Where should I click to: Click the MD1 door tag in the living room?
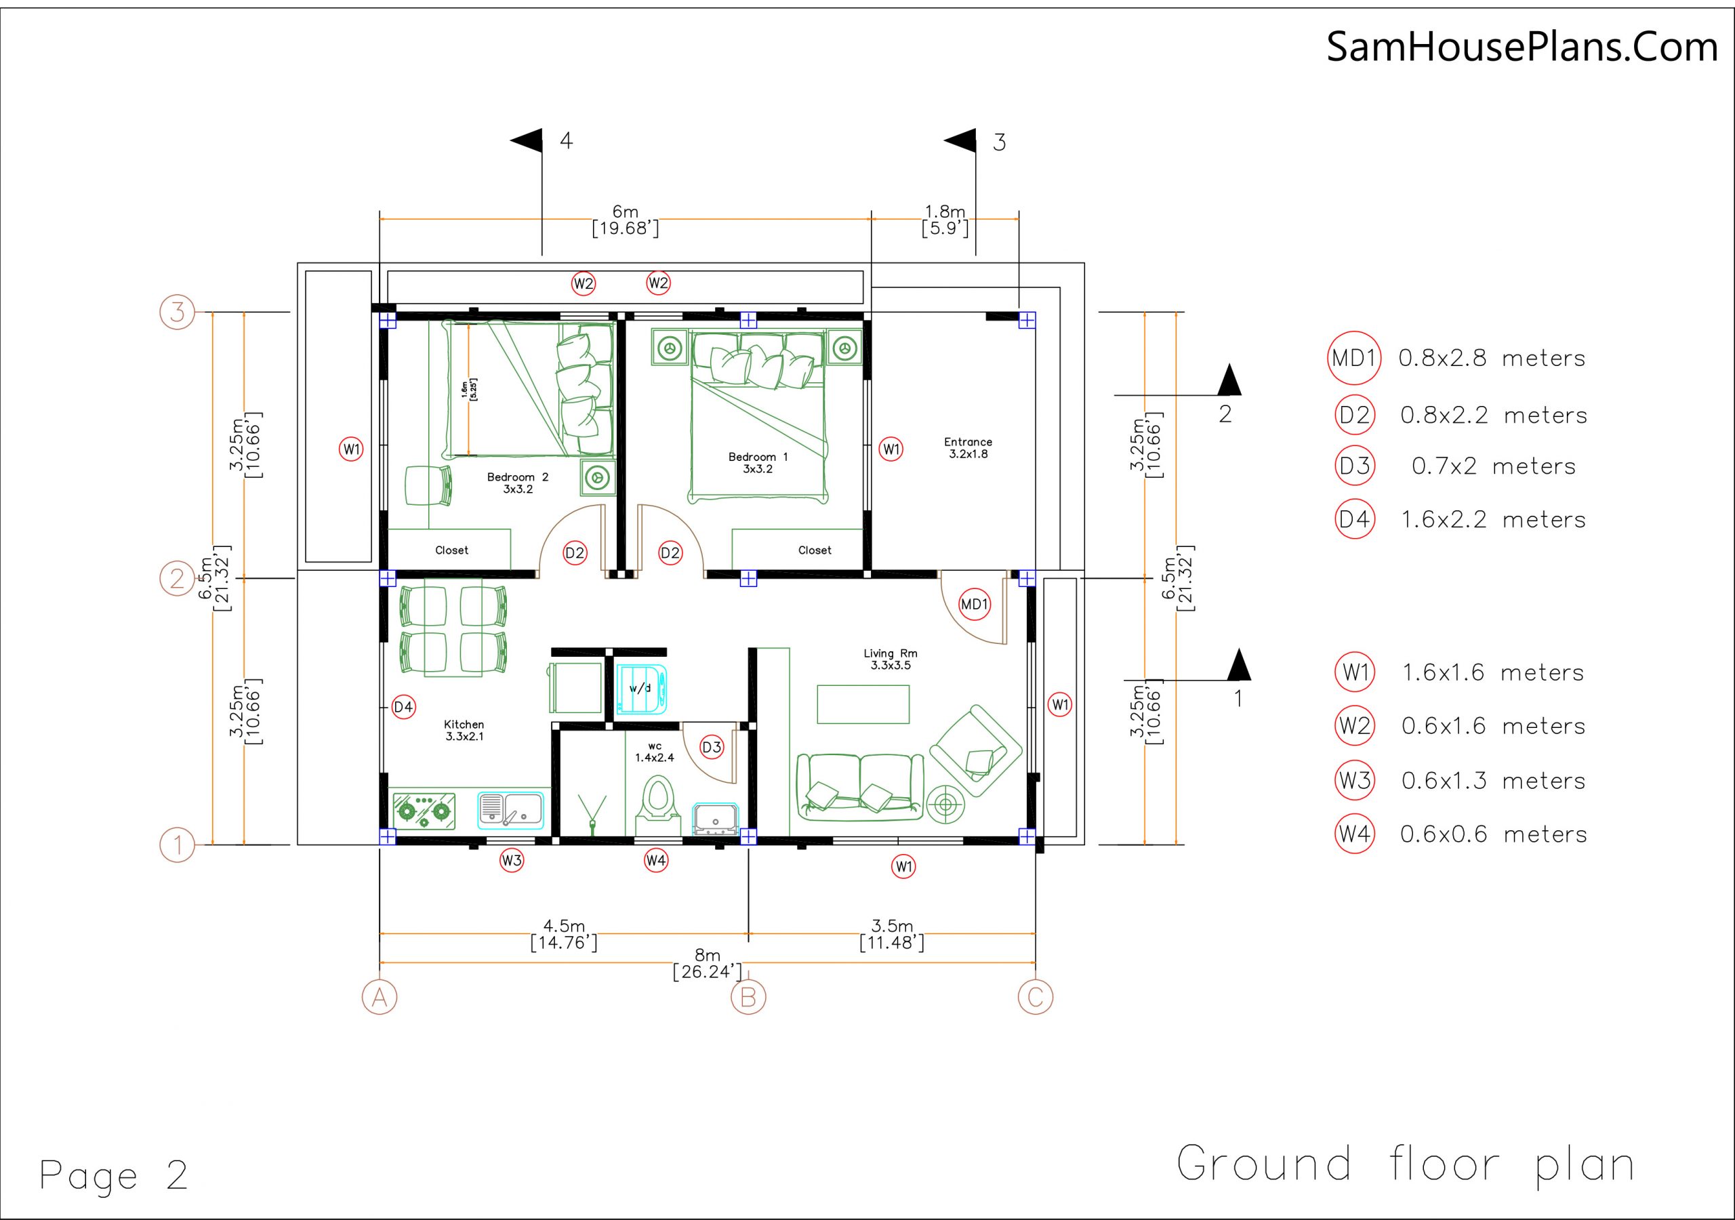(974, 604)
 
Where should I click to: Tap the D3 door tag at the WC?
(712, 748)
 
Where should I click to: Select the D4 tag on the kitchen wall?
(403, 708)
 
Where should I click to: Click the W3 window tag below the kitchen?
(512, 860)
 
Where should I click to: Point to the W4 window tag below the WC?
(656, 860)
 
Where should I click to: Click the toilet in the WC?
(657, 800)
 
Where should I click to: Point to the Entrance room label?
(968, 447)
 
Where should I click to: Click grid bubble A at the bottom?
(380, 998)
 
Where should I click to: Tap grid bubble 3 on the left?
(178, 311)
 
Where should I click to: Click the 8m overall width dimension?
(708, 964)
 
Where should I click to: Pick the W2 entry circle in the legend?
(1355, 726)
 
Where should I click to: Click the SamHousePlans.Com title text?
(1522, 47)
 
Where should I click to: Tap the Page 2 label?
(113, 1175)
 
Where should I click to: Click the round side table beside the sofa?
(945, 805)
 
